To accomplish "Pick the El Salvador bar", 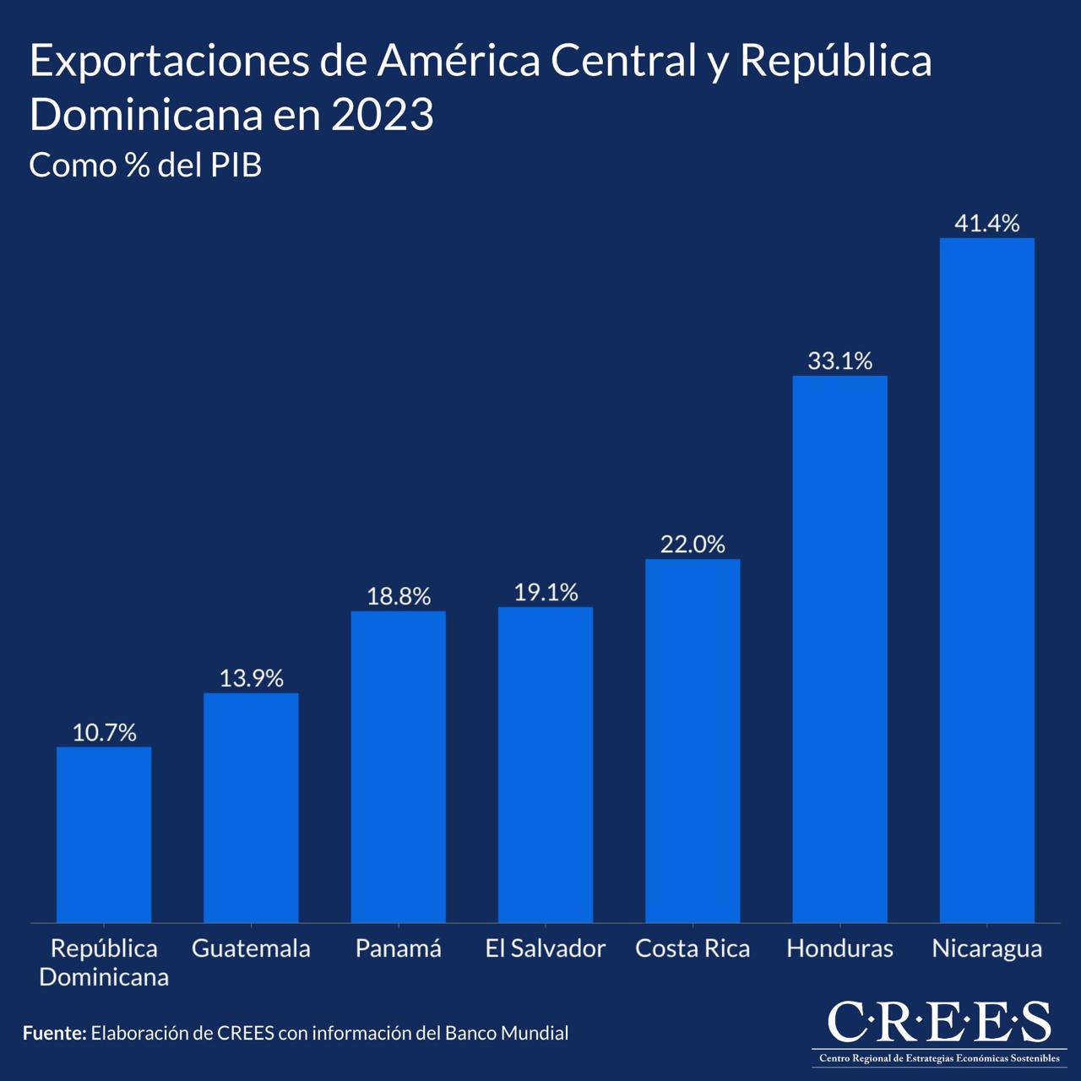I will tap(546, 764).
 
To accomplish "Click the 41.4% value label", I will tap(986, 224).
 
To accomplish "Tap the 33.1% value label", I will tap(839, 361).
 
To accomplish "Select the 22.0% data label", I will tap(693, 545).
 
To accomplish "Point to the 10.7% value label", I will tap(104, 733).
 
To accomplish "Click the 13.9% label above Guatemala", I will tap(251, 679).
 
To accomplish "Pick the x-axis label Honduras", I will tap(839, 949).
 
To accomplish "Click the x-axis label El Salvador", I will tap(546, 949).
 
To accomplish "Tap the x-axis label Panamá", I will tap(399, 949).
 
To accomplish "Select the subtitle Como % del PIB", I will tap(145, 166).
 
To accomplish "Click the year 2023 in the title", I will tap(383, 115).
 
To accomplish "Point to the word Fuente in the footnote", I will tap(53, 1033).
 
